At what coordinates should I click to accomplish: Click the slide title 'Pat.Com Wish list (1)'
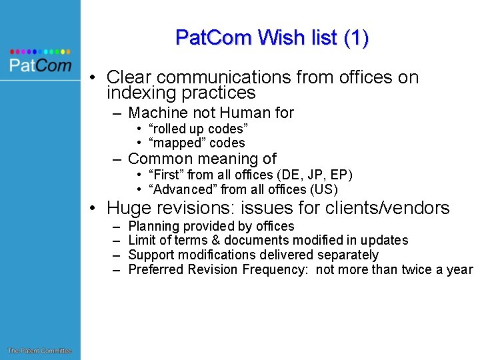coord(272,37)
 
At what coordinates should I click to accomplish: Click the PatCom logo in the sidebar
coord(40,65)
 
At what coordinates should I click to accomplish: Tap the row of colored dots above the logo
coord(40,51)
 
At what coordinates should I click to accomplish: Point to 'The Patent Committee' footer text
coord(39,351)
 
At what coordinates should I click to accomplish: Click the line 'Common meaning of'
coord(201,159)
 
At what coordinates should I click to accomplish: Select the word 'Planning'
coord(153,227)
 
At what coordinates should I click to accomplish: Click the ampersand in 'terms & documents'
coord(215,241)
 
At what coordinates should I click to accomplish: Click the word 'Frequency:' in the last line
coord(278,270)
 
